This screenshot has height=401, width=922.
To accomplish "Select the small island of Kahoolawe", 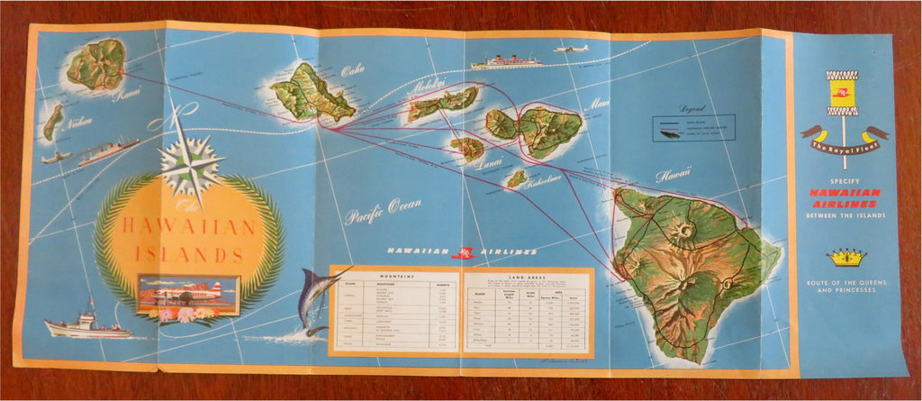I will tap(516, 178).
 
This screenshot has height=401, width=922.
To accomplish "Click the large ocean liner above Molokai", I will tap(506, 62).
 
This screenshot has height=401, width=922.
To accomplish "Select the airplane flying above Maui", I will tap(571, 49).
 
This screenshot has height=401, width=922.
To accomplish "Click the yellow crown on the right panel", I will tap(844, 259).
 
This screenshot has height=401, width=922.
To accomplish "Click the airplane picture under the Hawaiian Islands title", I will tap(188, 294).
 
